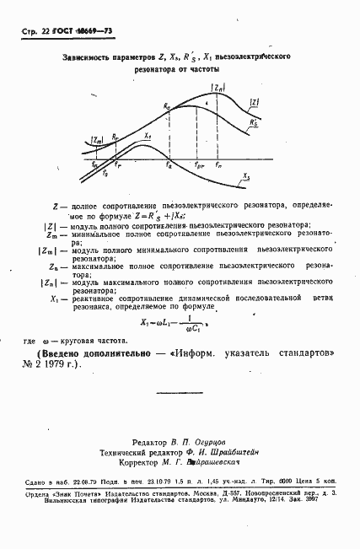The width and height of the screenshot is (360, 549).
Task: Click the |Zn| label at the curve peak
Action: [218, 87]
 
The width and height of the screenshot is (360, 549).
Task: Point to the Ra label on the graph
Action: [167, 108]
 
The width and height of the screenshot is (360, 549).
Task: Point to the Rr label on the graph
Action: [116, 136]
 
